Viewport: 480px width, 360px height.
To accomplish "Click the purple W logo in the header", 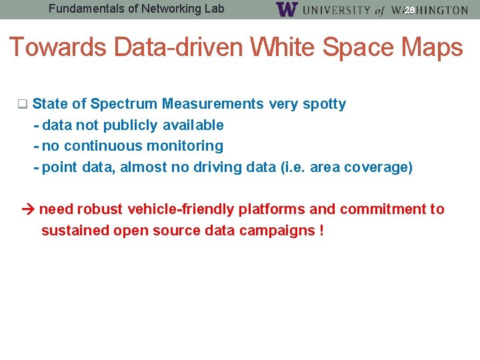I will [286, 9].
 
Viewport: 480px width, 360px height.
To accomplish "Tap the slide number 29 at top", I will [409, 10].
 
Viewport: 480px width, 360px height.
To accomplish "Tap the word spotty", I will [325, 104].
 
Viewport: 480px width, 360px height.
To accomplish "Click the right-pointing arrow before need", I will [27, 209].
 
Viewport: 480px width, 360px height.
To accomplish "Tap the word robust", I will [100, 209].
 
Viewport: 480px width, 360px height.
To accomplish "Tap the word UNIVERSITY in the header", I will [337, 10].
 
